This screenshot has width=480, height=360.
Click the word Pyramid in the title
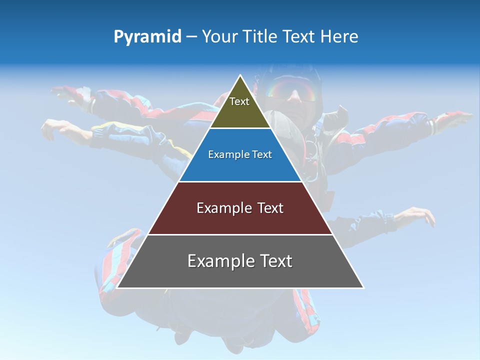click(x=147, y=37)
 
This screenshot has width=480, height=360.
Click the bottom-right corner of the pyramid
click(x=363, y=287)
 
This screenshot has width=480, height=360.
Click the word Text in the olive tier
click(x=239, y=101)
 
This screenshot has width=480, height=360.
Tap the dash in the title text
click(x=191, y=37)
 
